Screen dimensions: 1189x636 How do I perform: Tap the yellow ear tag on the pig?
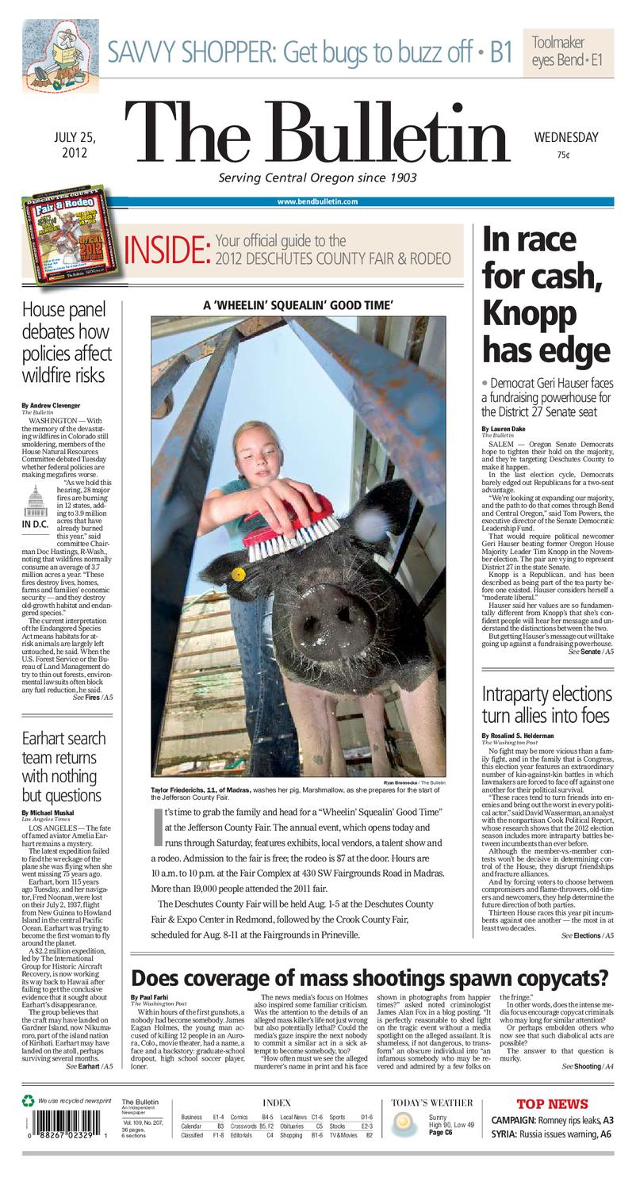tap(237, 572)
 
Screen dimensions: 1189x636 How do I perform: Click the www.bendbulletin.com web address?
tap(317, 201)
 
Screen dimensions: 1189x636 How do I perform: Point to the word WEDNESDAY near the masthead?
tap(565, 138)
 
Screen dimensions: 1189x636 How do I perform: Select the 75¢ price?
tap(563, 155)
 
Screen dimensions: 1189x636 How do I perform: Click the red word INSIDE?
tap(167, 250)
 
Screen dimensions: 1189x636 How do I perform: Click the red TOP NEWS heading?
tap(552, 1103)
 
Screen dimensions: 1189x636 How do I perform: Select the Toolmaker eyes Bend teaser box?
tap(567, 52)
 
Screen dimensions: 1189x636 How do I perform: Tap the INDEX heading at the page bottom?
tap(276, 1103)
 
